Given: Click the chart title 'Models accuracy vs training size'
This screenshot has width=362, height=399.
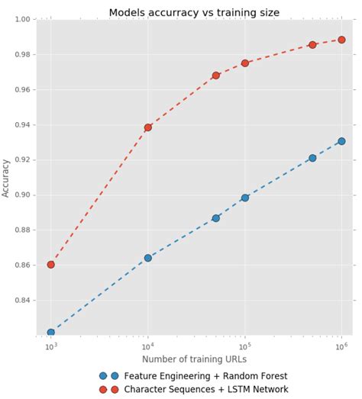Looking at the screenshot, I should click(x=193, y=12).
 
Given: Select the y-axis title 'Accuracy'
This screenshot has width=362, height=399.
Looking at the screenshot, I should click(x=7, y=178).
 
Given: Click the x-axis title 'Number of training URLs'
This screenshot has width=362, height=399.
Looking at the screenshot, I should click(x=194, y=359).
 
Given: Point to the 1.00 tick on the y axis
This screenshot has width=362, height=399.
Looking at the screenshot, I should click(x=21, y=20).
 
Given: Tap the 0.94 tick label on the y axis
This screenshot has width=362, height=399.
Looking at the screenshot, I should click(x=21, y=125).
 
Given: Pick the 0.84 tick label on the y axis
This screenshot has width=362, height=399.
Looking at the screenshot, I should click(x=21, y=301).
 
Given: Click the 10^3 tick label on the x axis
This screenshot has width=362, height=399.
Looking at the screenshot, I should click(x=50, y=346).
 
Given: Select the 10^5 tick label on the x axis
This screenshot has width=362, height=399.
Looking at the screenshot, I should click(x=244, y=346).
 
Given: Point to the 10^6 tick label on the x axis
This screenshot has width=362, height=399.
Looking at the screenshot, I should click(x=341, y=346).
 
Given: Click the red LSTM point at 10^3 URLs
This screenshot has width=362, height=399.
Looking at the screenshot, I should click(x=51, y=265).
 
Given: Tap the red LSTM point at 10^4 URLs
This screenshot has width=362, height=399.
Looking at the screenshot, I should click(x=148, y=127).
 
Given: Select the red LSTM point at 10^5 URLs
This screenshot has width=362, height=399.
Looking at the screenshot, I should click(x=245, y=63).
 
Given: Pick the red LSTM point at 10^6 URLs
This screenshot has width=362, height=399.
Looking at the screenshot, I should click(x=341, y=40).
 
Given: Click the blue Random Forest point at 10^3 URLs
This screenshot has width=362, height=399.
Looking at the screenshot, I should click(x=51, y=333).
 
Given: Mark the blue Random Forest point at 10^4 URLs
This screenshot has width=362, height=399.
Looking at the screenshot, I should click(x=148, y=258).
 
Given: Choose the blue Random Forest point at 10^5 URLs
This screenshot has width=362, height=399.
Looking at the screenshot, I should click(x=245, y=198).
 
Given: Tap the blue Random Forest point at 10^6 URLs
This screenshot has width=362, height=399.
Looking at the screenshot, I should click(x=341, y=141).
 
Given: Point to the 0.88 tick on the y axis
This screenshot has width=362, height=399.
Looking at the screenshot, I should click(x=21, y=230).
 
